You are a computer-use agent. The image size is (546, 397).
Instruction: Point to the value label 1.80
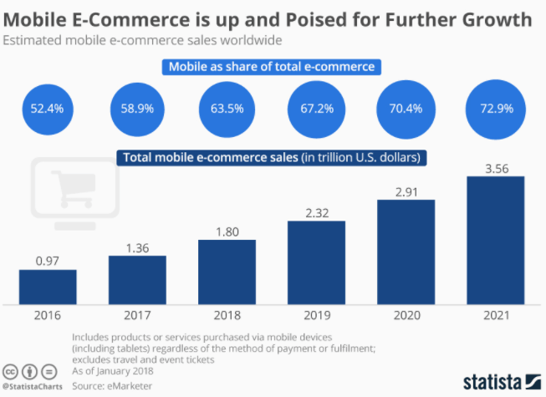[x=227, y=231]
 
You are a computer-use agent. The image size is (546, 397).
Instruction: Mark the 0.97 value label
[x=48, y=261]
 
